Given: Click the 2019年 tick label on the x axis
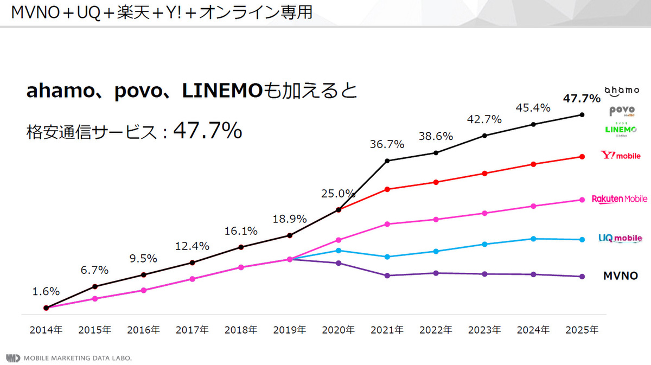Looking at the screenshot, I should [x=290, y=329].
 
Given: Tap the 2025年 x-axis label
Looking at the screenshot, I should [x=582, y=329].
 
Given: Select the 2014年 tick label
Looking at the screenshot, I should [x=46, y=329].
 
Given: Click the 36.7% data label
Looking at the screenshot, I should [x=387, y=144].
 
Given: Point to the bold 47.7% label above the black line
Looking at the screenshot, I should [x=582, y=98].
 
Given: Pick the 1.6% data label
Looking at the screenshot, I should [x=46, y=291].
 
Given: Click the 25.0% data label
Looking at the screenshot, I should [x=339, y=194].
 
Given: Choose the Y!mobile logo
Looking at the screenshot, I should [x=621, y=156].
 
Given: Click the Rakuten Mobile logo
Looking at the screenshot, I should [x=620, y=199].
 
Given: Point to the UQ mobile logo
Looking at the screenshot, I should [x=620, y=238].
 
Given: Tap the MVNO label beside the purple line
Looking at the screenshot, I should [x=620, y=276].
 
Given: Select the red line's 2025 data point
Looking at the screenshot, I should [x=582, y=157].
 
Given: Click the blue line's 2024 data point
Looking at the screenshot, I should [x=533, y=239].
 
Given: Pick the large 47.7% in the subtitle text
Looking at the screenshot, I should [x=207, y=130].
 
